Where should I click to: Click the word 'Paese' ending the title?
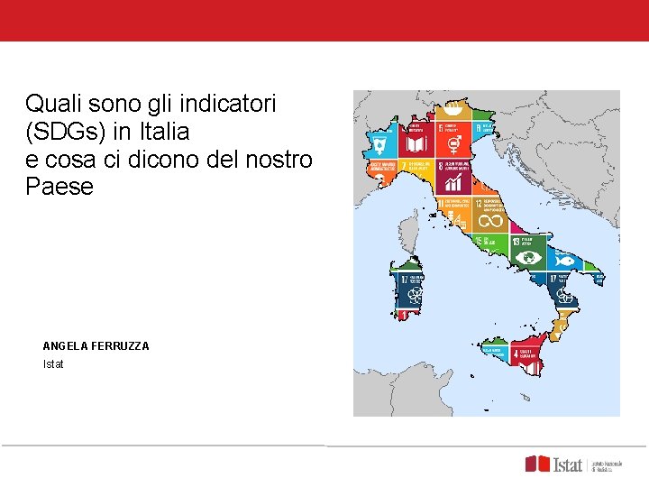tap(59, 188)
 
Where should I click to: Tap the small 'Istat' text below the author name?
tap(54, 364)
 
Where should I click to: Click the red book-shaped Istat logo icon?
tap(538, 464)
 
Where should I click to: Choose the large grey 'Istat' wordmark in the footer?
tap(568, 464)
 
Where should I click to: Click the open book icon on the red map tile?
tap(416, 144)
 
